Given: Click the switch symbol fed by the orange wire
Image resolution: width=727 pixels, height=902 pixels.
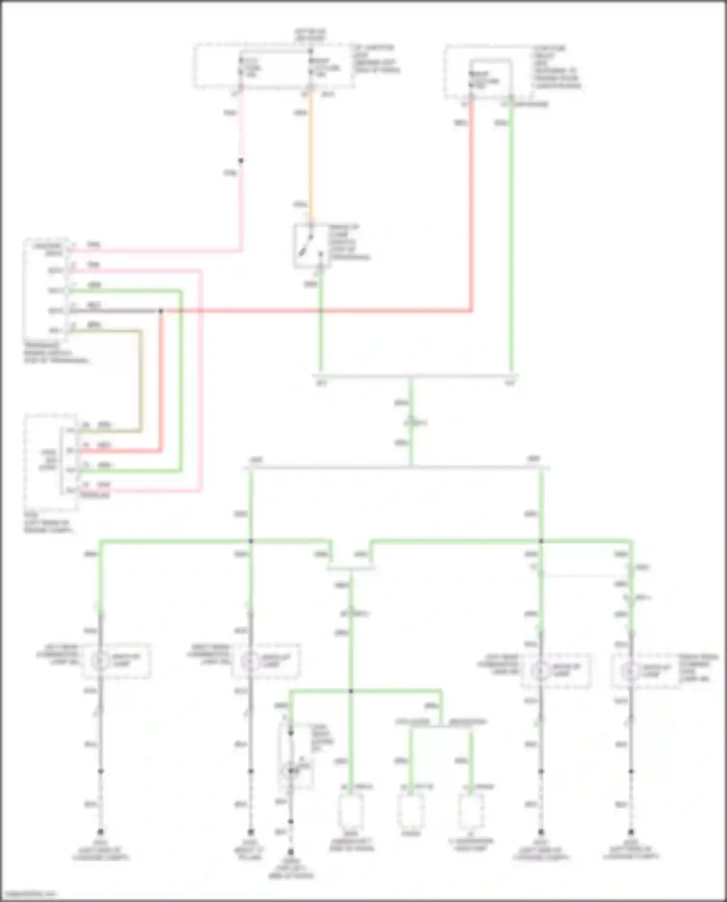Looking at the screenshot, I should (309, 246).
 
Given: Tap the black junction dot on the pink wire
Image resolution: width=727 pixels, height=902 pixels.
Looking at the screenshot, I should (240, 161).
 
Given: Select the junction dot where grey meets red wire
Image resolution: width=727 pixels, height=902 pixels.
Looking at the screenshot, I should (161, 311).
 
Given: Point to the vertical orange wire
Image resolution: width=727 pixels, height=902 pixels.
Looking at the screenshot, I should (311, 155).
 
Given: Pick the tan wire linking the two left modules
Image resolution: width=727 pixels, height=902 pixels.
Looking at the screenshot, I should (141, 378).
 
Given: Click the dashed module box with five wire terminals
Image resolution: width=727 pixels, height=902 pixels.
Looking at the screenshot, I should (46, 288).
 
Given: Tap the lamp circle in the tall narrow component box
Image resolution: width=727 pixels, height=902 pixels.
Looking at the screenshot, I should (290, 770).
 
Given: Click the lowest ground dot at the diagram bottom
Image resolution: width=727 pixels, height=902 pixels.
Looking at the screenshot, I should (290, 852).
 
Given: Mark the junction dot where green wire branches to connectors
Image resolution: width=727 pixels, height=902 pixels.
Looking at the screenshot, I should (351, 691).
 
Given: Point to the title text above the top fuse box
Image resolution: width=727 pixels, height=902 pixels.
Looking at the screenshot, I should (310, 34).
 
